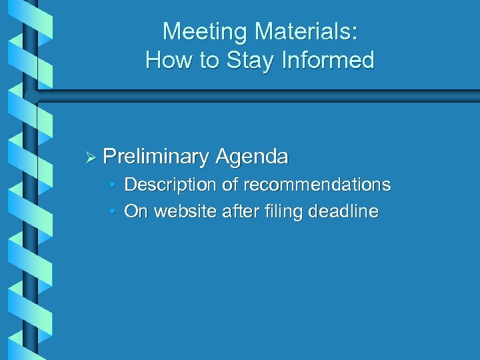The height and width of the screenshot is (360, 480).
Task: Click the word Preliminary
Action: pos(156,157)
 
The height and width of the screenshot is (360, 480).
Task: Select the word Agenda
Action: pos(252,157)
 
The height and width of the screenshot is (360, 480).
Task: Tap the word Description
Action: pos(169,184)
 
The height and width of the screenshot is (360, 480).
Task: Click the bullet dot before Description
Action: pos(114,185)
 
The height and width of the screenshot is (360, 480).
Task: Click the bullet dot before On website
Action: pos(114,213)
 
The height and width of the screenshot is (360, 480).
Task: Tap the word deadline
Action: pos(345,212)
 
